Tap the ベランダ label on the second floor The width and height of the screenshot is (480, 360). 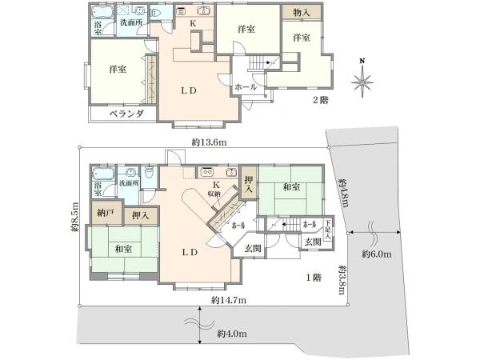pos(126,114)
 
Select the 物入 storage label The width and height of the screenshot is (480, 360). pos(302,13)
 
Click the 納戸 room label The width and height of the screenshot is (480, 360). pos(106,212)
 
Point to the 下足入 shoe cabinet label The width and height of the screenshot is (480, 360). pos(328,230)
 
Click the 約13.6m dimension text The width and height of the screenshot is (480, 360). pos(210,142)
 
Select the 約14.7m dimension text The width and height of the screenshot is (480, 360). pos(229,300)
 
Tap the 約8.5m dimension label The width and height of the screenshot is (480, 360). pos(74,218)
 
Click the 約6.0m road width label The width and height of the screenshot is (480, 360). pos(377,254)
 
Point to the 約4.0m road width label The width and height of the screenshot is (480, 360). pos(232,334)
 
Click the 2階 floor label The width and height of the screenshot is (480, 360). pos(320,100)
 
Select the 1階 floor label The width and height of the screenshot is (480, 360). pos(314,278)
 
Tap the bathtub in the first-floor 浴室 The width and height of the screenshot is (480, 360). pos(103,174)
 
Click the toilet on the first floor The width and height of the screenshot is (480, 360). pos(150,173)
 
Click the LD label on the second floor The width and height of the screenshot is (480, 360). pos(188,90)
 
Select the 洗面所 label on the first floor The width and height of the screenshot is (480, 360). pos(129,183)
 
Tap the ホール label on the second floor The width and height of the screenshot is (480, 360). pos(246,87)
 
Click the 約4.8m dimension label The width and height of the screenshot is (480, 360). pos(343,194)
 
